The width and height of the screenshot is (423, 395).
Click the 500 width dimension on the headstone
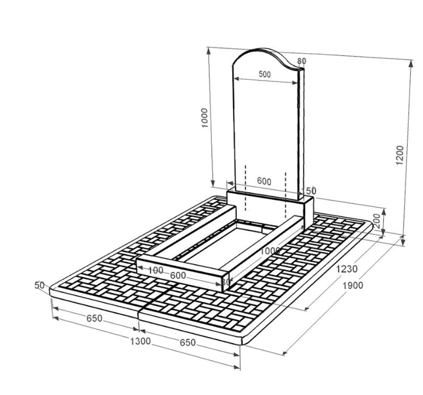(265, 74)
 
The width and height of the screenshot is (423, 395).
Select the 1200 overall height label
(400, 156)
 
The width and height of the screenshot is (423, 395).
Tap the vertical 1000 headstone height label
(205, 118)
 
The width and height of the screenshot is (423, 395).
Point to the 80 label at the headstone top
(302, 61)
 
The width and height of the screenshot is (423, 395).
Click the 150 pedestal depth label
(308, 191)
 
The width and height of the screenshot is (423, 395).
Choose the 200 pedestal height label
(377, 221)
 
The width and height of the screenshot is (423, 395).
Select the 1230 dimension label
(347, 269)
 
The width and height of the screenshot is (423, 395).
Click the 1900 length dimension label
(353, 285)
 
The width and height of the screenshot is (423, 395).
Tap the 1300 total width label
(140, 341)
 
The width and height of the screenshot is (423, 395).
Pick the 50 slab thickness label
(39, 285)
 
